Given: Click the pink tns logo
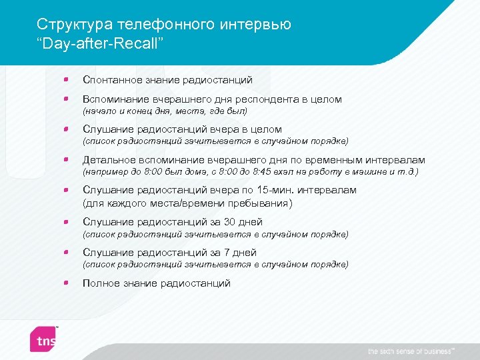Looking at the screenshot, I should tap(45, 338).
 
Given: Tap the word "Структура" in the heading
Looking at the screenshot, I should tap(75, 25).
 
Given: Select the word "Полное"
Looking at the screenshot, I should tap(99, 283).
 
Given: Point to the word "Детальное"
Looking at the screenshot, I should tap(107, 160).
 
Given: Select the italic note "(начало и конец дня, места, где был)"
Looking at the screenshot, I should tap(165, 111).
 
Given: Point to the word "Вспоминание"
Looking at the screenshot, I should tap(115, 99).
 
